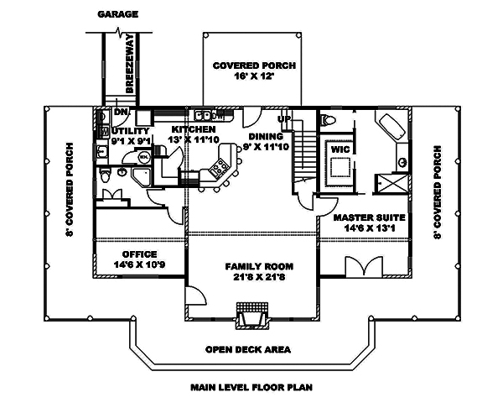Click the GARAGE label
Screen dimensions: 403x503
[x=117, y=14]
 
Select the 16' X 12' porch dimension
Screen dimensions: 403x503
[x=244, y=76]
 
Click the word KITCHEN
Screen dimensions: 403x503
[x=194, y=130]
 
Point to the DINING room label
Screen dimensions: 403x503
[x=267, y=136]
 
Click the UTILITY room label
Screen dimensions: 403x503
[x=130, y=131]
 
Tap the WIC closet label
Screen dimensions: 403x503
[x=340, y=149]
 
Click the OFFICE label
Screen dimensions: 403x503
[x=140, y=254]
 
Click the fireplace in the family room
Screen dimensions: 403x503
[x=254, y=319]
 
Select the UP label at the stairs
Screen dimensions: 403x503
[x=284, y=118]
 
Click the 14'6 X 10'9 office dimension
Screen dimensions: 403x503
[x=140, y=264]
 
